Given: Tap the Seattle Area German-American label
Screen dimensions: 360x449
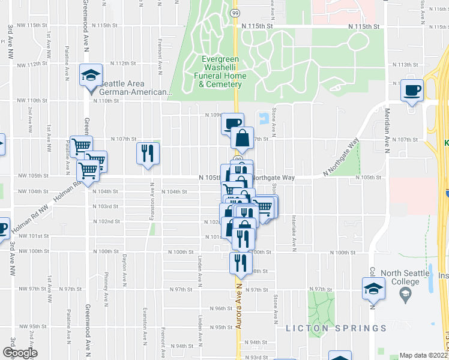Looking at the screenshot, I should click(x=136, y=88).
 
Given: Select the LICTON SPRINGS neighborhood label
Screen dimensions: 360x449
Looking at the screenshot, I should click(x=336, y=328).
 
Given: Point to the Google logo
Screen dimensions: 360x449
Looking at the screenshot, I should click(x=19, y=353).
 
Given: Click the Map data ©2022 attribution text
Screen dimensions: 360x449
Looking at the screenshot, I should click(x=424, y=355).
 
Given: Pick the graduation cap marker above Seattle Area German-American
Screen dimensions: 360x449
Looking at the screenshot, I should click(x=91, y=76).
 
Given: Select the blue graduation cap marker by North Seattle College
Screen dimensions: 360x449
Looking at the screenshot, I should click(x=373, y=289).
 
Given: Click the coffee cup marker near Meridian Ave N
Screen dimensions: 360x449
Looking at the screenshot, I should click(x=412, y=91).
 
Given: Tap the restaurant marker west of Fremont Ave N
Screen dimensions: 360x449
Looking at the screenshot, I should click(x=147, y=153).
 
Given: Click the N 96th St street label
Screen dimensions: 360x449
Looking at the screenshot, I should click(x=220, y=308).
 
